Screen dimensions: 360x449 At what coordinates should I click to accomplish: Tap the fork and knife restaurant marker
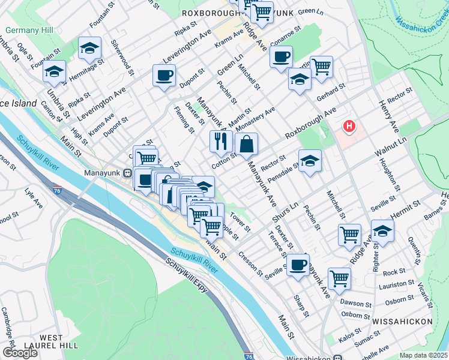click(221, 142)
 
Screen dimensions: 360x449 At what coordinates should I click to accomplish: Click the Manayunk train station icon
click(127, 173)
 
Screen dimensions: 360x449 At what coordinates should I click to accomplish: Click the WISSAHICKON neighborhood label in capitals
click(402, 322)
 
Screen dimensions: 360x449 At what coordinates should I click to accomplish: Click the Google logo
click(20, 353)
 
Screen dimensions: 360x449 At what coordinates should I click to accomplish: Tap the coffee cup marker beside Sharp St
click(297, 265)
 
